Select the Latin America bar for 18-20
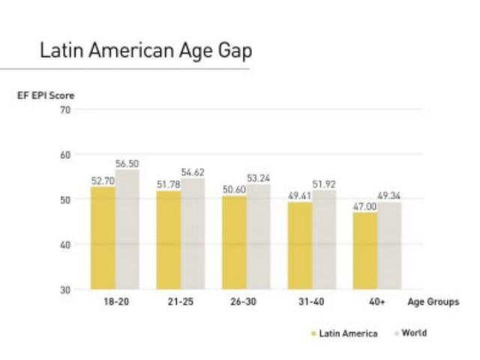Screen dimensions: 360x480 click(103, 238)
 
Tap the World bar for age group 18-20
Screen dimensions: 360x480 click(127, 229)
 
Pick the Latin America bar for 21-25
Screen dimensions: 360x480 click(169, 240)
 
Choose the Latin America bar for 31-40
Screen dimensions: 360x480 click(300, 245)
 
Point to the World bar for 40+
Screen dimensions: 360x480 click(389, 245)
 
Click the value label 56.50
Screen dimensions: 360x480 click(127, 163)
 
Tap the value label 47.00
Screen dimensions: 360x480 click(365, 206)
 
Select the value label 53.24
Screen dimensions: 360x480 click(259, 178)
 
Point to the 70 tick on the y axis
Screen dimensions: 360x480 click(65, 110)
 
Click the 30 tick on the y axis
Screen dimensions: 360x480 click(65, 289)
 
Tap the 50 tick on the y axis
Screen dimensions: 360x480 click(65, 199)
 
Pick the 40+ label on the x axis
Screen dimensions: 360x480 click(376, 302)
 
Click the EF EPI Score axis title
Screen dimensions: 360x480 click(46, 95)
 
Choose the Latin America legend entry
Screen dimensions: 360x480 click(344, 333)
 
